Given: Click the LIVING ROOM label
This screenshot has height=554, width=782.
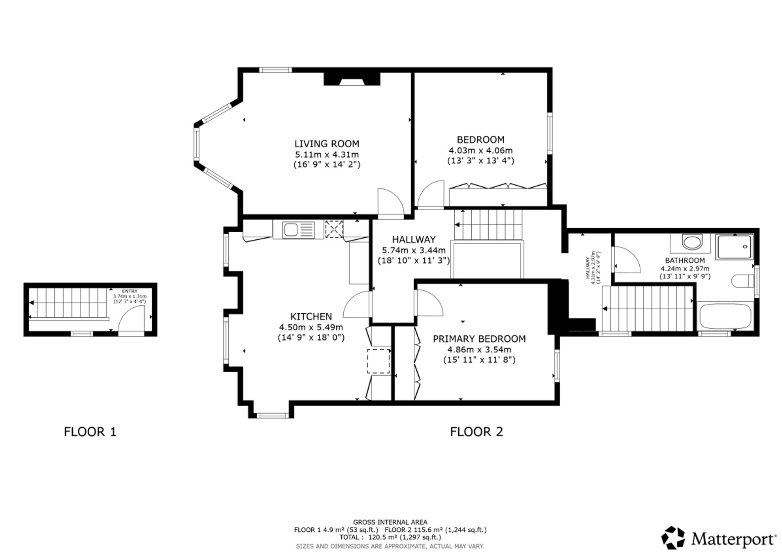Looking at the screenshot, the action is tap(327, 143).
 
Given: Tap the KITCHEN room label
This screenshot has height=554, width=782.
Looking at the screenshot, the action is tap(311, 316).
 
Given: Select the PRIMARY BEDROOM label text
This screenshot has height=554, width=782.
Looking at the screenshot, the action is tap(479, 339).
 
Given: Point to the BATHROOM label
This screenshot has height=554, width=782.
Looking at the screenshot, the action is tap(685, 260).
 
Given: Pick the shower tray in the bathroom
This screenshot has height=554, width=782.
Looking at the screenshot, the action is tap(734, 247).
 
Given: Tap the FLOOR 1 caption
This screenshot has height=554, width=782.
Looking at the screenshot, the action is tap(90, 432).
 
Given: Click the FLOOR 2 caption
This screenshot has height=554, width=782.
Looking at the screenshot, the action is tap(477, 432).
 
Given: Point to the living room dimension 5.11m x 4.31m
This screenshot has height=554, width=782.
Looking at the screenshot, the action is tap(327, 154).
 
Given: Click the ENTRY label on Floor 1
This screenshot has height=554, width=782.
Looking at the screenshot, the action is tap(130, 291).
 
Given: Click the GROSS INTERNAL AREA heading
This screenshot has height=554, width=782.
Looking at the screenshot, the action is tap(390, 522).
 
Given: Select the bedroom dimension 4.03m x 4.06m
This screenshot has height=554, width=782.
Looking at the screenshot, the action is tap(481, 150).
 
